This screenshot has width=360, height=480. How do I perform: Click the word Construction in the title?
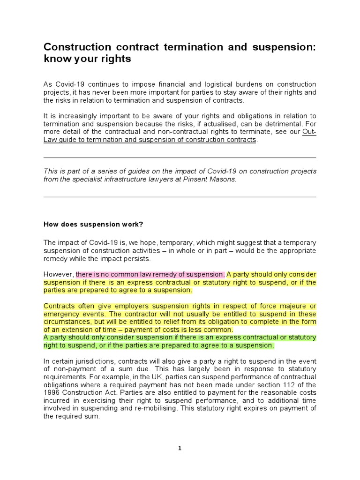click(x=75, y=47)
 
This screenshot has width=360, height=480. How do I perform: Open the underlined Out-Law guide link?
click(x=150, y=140)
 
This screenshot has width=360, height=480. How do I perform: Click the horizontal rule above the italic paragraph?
click(x=180, y=157)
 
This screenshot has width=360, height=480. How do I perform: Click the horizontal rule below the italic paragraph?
click(x=180, y=197)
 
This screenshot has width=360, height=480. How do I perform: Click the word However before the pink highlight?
click(x=59, y=274)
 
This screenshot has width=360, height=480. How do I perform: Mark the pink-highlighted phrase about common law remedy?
click(x=150, y=274)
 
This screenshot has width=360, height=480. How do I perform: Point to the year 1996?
click(x=52, y=393)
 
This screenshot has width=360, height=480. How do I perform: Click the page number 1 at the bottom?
click(x=180, y=448)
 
